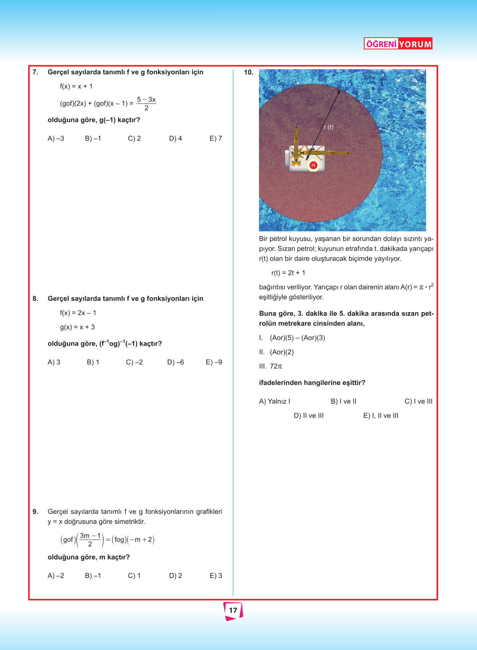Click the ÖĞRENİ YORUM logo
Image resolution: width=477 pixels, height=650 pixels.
(x=398, y=44)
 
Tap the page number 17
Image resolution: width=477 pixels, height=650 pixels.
(x=233, y=610)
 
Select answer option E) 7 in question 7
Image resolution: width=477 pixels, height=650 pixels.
(x=216, y=138)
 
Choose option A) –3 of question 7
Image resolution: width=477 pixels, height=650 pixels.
(x=56, y=138)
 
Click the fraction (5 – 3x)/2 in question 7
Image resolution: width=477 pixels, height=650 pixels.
(x=146, y=104)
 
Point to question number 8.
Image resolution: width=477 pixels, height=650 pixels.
(x=35, y=299)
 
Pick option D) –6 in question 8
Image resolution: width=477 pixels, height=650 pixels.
(x=176, y=362)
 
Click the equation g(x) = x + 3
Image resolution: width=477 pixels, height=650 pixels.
(x=77, y=327)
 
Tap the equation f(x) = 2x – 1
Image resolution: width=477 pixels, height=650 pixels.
(x=78, y=313)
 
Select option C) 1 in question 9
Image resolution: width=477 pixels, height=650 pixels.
(x=134, y=576)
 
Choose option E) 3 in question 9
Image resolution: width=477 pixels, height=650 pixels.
(x=216, y=576)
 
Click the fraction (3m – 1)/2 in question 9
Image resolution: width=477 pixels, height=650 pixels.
(x=90, y=539)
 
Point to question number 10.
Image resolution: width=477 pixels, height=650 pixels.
(x=249, y=72)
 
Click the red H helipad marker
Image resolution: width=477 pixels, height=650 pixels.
(x=313, y=165)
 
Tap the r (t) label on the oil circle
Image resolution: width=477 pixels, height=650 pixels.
(x=329, y=127)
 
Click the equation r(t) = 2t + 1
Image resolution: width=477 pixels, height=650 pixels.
(x=288, y=273)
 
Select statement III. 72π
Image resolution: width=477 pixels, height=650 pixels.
(x=271, y=366)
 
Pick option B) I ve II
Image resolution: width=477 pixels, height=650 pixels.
(x=344, y=401)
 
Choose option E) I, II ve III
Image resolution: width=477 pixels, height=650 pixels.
(x=381, y=416)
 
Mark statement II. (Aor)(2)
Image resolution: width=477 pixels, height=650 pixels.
(x=277, y=352)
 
